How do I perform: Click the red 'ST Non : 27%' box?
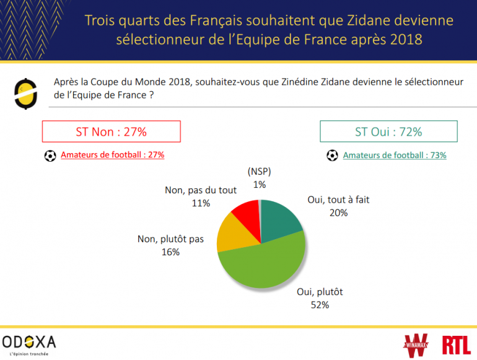click(111, 131)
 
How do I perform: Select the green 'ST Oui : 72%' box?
click(388, 131)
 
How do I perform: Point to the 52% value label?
click(320, 304)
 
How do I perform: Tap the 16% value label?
click(170, 252)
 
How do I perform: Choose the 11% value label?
click(201, 203)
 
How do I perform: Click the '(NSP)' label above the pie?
click(259, 172)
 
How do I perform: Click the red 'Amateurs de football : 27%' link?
click(112, 156)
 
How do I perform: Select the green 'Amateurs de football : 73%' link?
click(395, 156)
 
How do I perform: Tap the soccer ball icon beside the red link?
click(50, 156)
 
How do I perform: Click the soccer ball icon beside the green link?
click(333, 156)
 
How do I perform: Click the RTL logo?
click(456, 344)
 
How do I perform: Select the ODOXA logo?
click(29, 343)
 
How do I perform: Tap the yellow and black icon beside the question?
click(25, 94)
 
